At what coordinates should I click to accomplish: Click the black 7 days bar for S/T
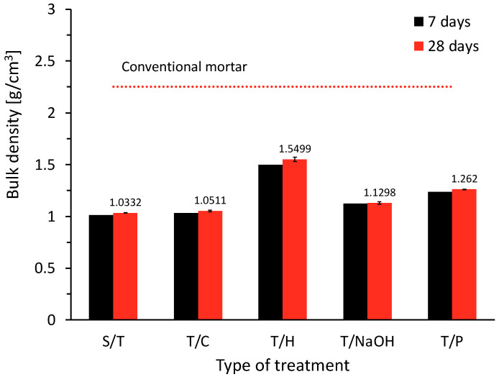pyautogui.click(x=101, y=267)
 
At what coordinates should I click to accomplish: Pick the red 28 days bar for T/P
pyautogui.click(x=464, y=254)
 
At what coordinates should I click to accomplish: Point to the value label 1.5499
pyautogui.click(x=295, y=149)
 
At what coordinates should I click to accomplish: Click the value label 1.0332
pyautogui.click(x=125, y=202)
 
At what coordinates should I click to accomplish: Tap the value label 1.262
pyautogui.click(x=464, y=179)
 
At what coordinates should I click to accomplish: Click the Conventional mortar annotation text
pyautogui.click(x=184, y=68)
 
